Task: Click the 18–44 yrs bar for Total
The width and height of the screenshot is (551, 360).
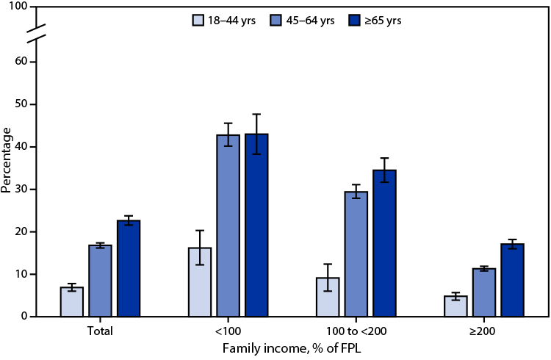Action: click(x=72, y=302)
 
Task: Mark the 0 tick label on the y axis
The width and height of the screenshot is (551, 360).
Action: click(x=24, y=317)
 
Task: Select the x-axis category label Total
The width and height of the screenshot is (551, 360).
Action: click(x=100, y=331)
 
